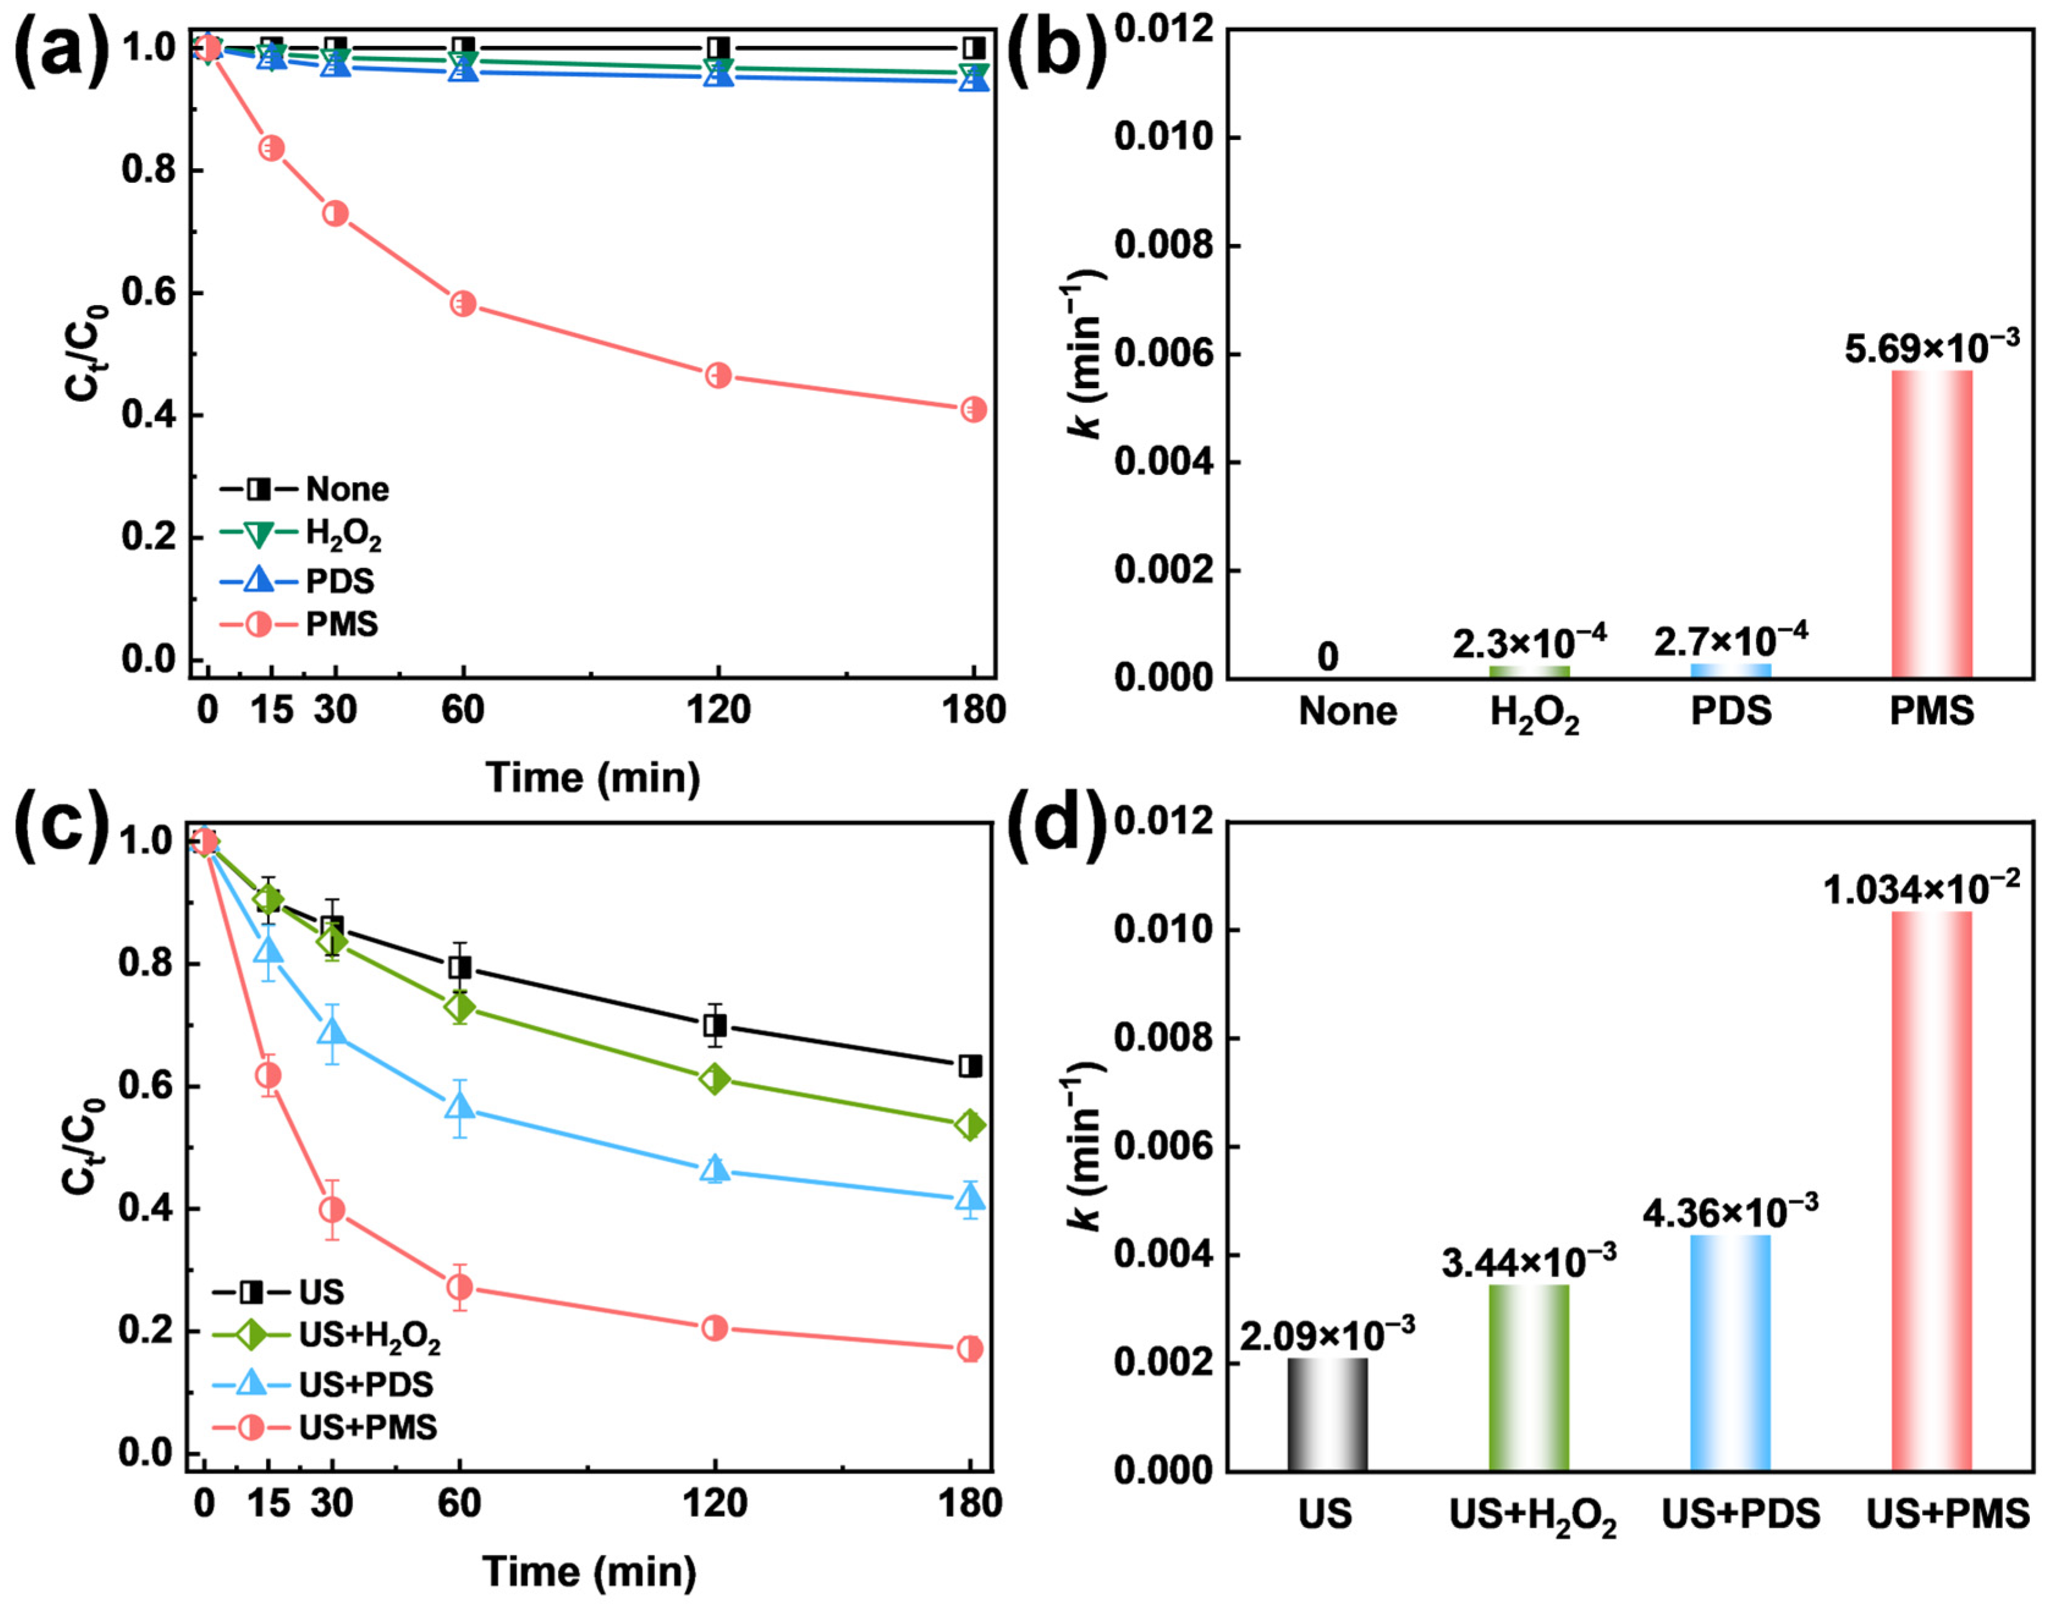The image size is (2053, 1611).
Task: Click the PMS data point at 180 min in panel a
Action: (973, 409)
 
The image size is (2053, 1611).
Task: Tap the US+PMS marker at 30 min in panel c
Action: (331, 1209)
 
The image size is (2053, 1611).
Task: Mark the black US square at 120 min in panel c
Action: (715, 1026)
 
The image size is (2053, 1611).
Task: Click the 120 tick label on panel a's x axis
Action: (718, 710)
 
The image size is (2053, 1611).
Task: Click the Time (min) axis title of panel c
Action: (590, 1571)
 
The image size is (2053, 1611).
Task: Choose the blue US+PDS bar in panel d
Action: (1730, 1352)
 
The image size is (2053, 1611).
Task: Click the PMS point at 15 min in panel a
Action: (272, 148)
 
